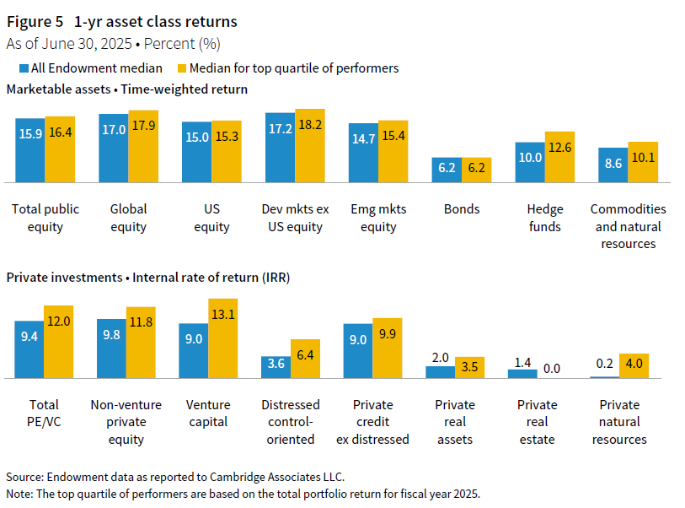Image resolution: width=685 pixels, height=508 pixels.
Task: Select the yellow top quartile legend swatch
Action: pyautogui.click(x=181, y=68)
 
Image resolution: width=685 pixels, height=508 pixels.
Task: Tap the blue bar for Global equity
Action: pyautogui.click(x=114, y=148)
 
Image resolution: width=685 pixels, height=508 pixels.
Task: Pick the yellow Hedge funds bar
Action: pyautogui.click(x=559, y=157)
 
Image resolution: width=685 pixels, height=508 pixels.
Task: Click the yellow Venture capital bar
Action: pyautogui.click(x=223, y=338)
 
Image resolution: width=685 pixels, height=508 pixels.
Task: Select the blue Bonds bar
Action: pyautogui.click(x=447, y=170)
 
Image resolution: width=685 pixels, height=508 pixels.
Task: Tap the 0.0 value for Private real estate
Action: pyautogui.click(x=552, y=369)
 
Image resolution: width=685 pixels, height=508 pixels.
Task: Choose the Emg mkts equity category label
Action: pyautogui.click(x=378, y=218)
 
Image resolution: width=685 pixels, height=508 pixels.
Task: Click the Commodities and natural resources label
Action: pyautogui.click(x=628, y=226)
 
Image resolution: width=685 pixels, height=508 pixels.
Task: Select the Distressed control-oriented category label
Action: pyautogui.click(x=289, y=422)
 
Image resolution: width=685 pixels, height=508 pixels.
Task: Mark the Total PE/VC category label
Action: pyautogui.click(x=44, y=413)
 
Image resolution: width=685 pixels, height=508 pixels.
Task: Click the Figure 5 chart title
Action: pyautogui.click(x=122, y=22)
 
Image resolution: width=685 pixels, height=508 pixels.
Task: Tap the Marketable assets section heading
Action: pyautogui.click(x=126, y=89)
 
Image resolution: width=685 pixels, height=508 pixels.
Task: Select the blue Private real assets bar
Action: pyautogui.click(x=440, y=371)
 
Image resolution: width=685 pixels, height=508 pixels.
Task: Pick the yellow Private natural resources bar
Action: pyautogui.click(x=634, y=365)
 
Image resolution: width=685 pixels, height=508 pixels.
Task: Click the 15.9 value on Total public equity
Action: pyautogui.click(x=30, y=132)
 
